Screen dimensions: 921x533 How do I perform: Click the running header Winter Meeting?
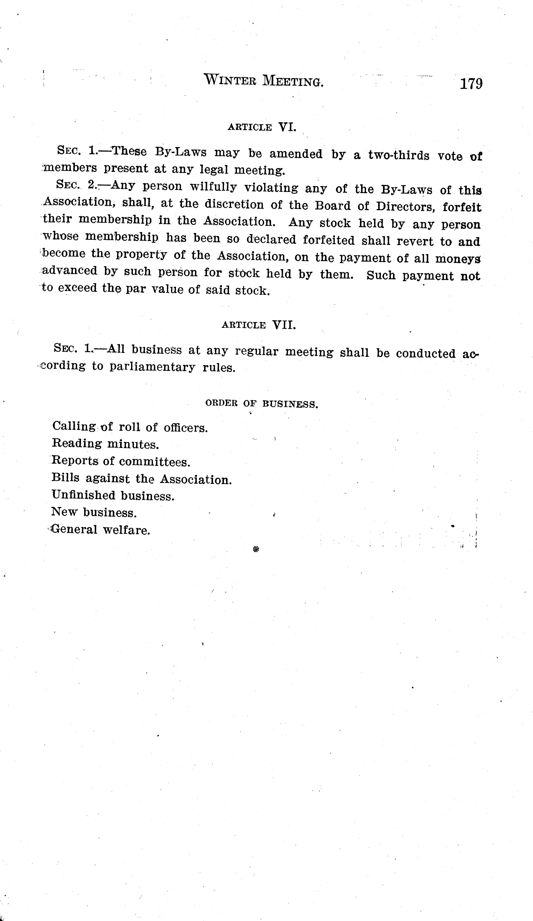point(264,80)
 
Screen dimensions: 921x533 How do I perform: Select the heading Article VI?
point(262,127)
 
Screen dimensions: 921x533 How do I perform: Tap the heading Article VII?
point(258,325)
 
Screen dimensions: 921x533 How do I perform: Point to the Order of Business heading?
point(262,404)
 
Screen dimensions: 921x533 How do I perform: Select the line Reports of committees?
point(121,461)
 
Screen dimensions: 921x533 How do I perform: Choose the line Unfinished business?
point(113,496)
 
